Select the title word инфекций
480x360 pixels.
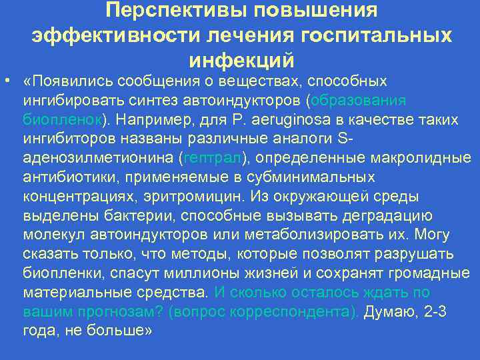[x=242, y=59]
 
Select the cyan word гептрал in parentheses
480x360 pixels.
[x=214, y=159]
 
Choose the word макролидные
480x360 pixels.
[x=425, y=159]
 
